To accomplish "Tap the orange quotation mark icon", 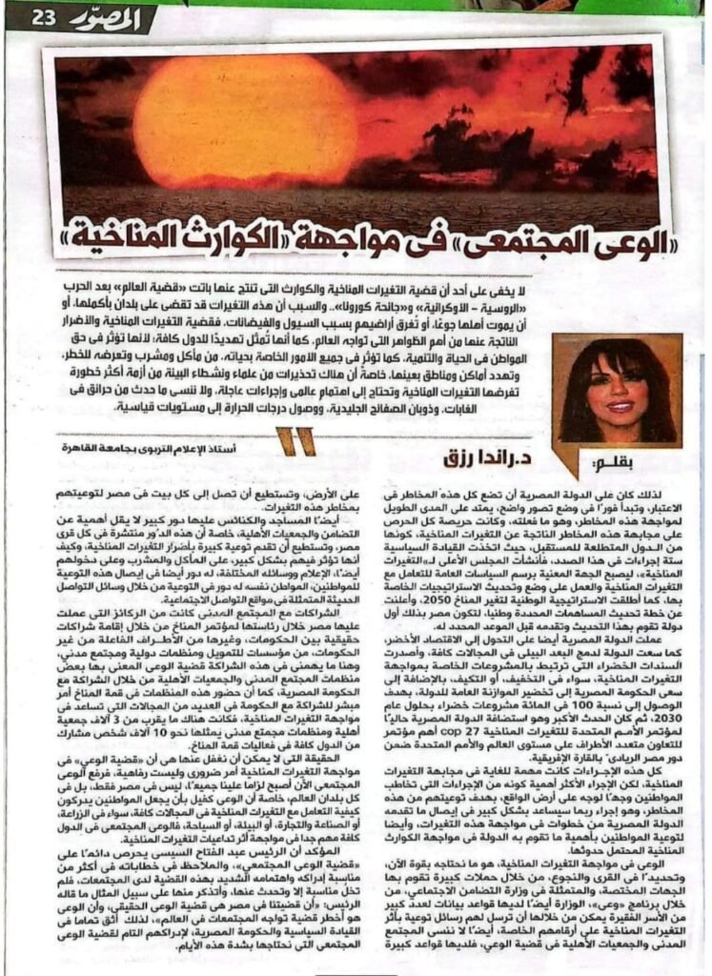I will tap(290, 440).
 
